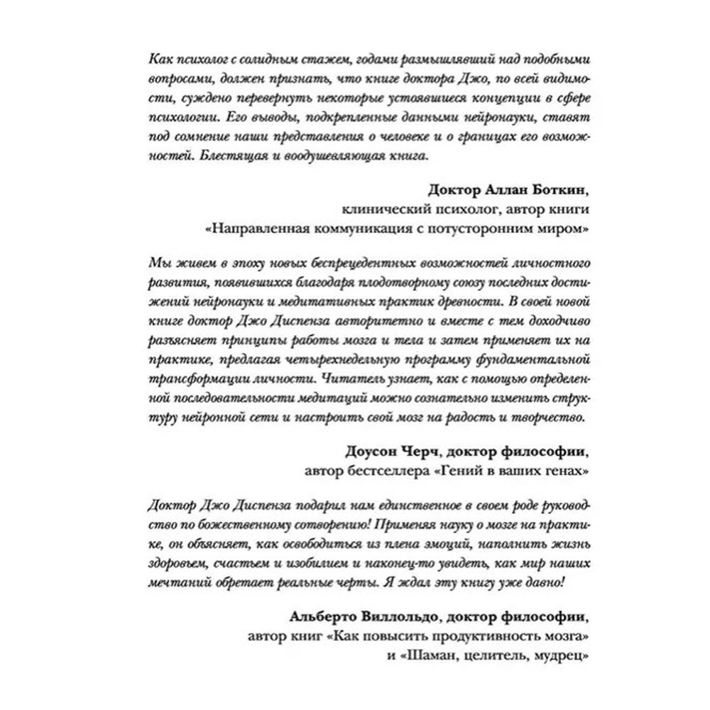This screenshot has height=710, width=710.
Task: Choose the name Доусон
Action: (371, 452)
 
